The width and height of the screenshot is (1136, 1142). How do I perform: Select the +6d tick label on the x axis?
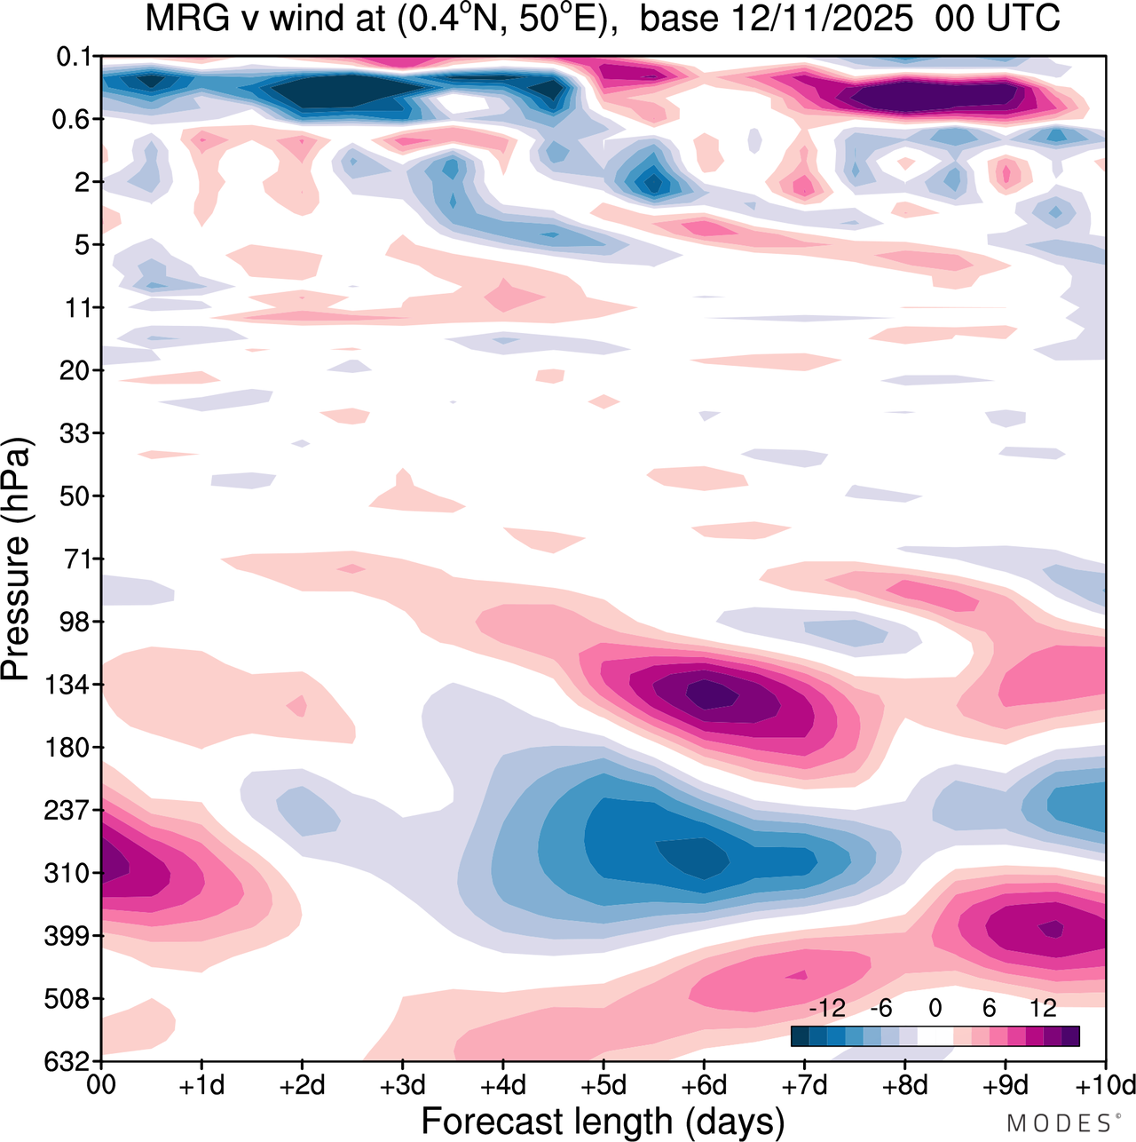pyautogui.click(x=704, y=1085)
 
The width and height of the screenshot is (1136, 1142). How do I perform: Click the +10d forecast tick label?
pyautogui.click(x=1106, y=1085)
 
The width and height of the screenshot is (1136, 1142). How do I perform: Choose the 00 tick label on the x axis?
pyautogui.click(x=102, y=1085)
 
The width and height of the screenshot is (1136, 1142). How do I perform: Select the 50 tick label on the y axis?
pyautogui.click(x=76, y=496)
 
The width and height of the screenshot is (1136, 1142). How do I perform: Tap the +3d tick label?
pyautogui.click(x=403, y=1085)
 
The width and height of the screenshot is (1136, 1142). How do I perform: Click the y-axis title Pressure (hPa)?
pyautogui.click(x=16, y=559)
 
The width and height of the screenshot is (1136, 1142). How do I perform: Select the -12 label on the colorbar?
pyautogui.click(x=827, y=1008)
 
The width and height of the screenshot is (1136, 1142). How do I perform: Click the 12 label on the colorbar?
pyautogui.click(x=1043, y=1008)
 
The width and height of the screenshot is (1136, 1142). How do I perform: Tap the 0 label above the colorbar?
pyautogui.click(x=935, y=1008)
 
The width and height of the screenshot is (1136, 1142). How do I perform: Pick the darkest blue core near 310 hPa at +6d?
pyautogui.click(x=694, y=856)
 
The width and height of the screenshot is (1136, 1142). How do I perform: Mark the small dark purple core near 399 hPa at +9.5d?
pyautogui.click(x=1052, y=929)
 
